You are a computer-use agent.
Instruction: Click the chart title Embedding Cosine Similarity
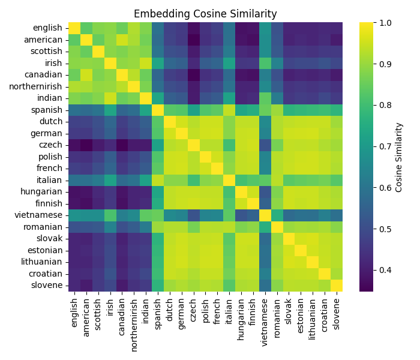[205, 14]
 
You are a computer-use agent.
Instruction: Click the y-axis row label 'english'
[47, 28]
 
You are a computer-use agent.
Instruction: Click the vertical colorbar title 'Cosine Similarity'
[399, 157]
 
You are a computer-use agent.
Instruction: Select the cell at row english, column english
[74, 28]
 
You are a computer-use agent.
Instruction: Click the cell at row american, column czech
[193, 40]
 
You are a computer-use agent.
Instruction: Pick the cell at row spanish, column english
[74, 110]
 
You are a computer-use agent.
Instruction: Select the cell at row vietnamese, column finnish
[253, 215]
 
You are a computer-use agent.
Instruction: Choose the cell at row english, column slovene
[335, 28]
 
